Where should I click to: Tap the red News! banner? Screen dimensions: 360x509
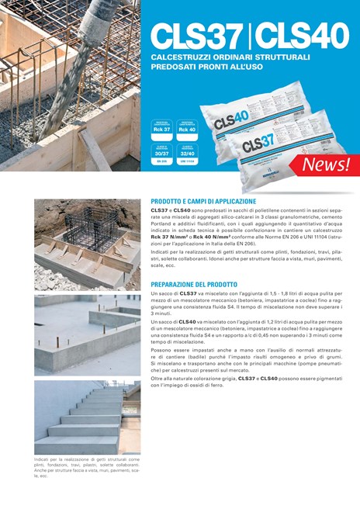(325, 164)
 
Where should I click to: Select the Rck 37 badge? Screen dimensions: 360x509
(162, 129)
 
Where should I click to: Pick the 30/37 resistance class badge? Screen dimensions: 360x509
(162, 154)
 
